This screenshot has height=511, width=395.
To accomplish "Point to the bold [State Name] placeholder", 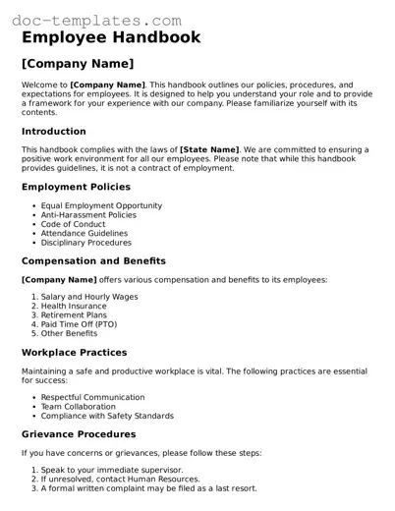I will pyautogui.click(x=212, y=149).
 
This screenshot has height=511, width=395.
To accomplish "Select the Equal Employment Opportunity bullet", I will pyautogui.click(x=101, y=205).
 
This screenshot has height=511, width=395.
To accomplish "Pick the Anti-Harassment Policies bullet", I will pyautogui.click(x=88, y=214).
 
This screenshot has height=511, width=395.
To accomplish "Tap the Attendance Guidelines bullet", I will pyautogui.click(x=85, y=233).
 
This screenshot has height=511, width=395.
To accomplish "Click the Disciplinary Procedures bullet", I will pyautogui.click(x=85, y=242).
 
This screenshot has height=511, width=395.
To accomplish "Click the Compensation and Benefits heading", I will pyautogui.click(x=93, y=260).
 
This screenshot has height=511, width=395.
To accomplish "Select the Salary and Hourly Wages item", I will pyautogui.click(x=89, y=297).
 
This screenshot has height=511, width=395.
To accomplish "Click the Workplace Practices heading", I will pyautogui.click(x=74, y=352).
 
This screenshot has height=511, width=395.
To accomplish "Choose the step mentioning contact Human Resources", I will pyautogui.click(x=109, y=479).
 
